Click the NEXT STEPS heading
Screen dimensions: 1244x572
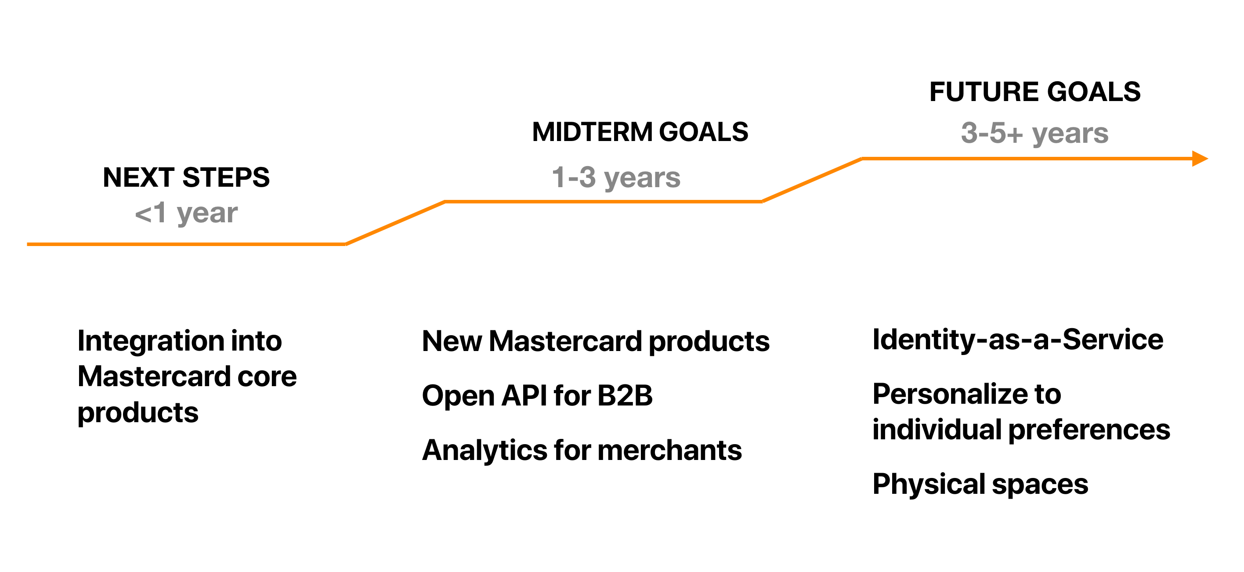[x=186, y=177]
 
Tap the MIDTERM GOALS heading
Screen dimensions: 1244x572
[x=640, y=132]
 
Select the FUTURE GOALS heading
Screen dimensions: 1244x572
[x=1034, y=92]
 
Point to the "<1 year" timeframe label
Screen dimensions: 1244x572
[x=186, y=213]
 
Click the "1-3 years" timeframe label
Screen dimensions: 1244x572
[x=616, y=177]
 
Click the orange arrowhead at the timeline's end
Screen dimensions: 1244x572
[x=1200, y=159]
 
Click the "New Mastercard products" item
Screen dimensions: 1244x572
[x=596, y=341]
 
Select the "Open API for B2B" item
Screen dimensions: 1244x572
[x=537, y=396]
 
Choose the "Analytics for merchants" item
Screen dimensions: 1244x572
[x=582, y=450]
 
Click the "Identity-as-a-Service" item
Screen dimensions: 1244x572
[x=1018, y=340]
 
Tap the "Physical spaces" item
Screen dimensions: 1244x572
[x=980, y=485]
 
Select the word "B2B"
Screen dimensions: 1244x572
[x=625, y=396]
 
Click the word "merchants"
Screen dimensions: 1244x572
[x=669, y=450]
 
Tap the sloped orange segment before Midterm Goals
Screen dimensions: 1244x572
[x=395, y=223]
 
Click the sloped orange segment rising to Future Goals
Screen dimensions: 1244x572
[x=812, y=180]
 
